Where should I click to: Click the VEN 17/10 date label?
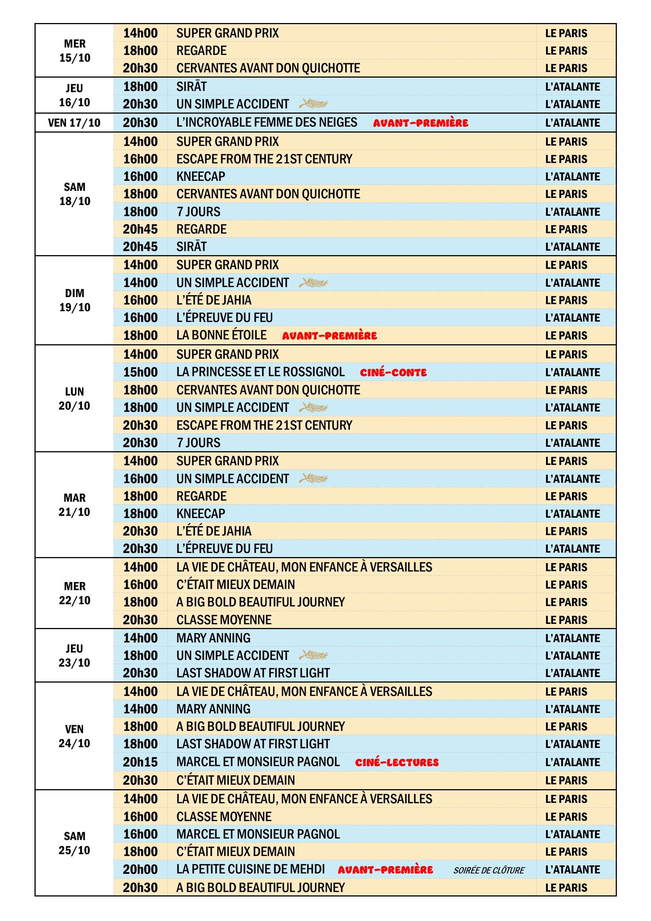[x=74, y=123]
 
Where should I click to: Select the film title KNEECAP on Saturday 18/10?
[x=200, y=176]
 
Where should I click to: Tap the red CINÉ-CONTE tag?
[x=393, y=372]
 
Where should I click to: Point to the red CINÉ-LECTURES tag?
[x=397, y=762]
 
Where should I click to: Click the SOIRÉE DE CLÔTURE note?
[x=489, y=870]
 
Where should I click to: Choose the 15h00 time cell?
[x=140, y=372]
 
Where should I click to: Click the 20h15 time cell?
[x=140, y=762]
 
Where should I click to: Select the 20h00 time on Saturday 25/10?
[x=140, y=870]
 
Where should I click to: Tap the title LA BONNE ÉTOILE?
[x=221, y=335]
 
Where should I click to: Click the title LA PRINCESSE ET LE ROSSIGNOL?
[x=261, y=372]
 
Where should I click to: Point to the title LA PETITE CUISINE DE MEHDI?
[x=251, y=870]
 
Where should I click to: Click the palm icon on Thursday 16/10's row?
[x=314, y=104]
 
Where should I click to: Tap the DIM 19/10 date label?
[x=75, y=300]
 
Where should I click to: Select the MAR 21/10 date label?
[x=75, y=505]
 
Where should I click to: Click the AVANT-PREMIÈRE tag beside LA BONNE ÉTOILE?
[x=330, y=336]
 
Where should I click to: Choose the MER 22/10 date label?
[x=75, y=593]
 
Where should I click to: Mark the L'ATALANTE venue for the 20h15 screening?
[x=572, y=762]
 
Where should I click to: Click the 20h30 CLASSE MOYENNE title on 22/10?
[x=224, y=620]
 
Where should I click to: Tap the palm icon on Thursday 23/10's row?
[x=314, y=656]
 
